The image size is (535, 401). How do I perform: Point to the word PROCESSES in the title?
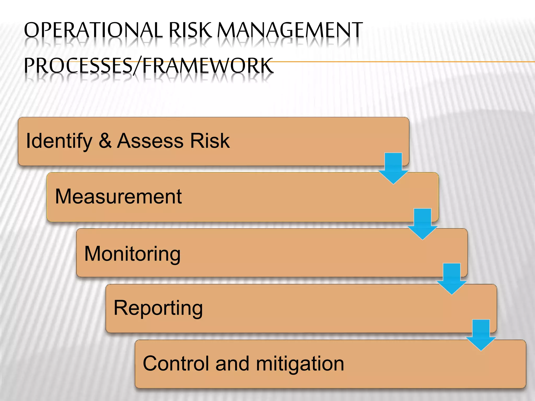point(78,66)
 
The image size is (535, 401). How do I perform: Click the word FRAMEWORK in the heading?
point(208,66)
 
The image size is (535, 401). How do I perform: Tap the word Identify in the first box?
point(59,141)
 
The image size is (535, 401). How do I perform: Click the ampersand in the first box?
point(105,141)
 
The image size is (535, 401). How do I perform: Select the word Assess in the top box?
point(150,141)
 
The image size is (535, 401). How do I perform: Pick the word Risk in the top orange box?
point(210,141)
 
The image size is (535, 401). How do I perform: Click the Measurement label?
point(118,196)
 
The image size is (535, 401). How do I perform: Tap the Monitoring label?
point(132,254)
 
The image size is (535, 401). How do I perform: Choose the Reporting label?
point(158,308)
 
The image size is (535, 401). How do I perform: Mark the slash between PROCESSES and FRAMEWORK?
point(137,66)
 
